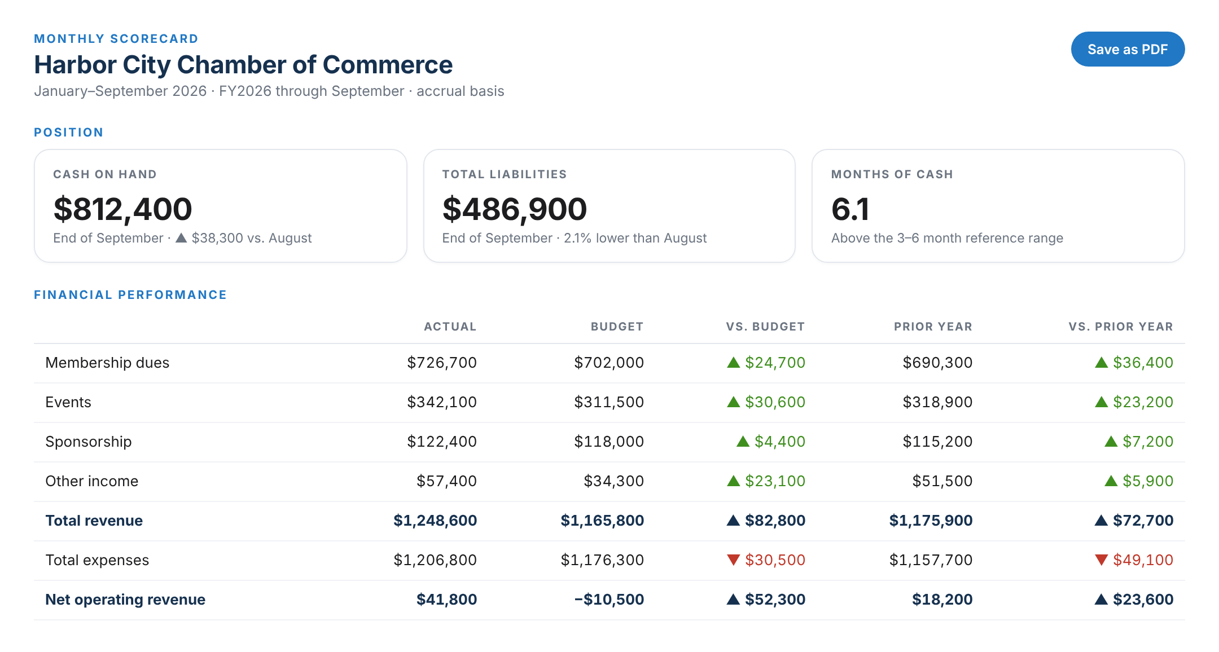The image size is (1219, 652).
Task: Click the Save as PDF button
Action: [1128, 49]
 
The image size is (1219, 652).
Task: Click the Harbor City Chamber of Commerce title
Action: [243, 65]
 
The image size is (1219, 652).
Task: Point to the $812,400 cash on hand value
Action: [122, 209]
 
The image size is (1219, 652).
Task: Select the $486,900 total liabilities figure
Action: [515, 209]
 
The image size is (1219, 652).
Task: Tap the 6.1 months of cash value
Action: [850, 209]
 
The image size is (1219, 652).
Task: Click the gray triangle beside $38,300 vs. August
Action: [181, 238]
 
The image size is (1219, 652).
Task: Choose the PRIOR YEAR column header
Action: [933, 327]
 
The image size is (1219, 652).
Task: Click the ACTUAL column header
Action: [450, 327]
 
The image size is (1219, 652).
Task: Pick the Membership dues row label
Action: [107, 363]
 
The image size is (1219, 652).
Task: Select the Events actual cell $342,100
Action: [442, 402]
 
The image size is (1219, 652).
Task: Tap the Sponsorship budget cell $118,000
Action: [609, 442]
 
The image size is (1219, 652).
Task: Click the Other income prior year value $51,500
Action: [942, 481]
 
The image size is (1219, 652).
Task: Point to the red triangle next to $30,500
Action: [733, 560]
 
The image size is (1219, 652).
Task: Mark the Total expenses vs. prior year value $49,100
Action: [1143, 560]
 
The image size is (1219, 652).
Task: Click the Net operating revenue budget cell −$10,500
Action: [609, 600]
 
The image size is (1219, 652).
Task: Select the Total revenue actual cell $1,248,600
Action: [435, 521]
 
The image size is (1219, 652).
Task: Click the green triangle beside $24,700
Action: [733, 362]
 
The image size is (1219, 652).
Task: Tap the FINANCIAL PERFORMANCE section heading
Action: [130, 295]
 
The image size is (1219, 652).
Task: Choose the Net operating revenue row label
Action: [125, 600]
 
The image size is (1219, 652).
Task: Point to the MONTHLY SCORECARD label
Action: [116, 39]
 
